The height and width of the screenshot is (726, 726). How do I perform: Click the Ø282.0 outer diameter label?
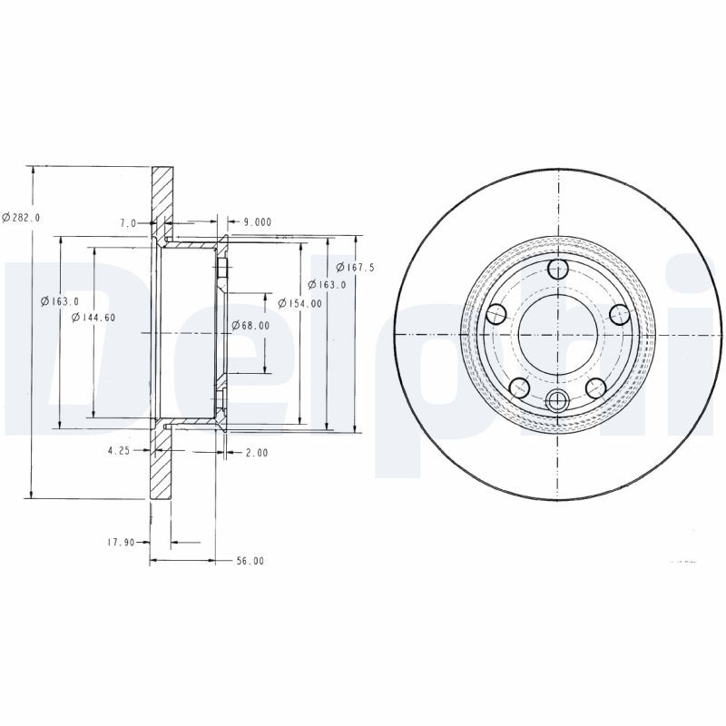pos(21,217)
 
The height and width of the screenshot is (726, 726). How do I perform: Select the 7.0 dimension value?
pos(128,222)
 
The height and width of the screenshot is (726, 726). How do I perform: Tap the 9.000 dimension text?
pos(257,221)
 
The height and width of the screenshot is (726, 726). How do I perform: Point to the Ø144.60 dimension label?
pos(93,317)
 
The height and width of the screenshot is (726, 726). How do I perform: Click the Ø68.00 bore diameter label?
pos(250,325)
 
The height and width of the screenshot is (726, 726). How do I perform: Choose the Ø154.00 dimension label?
pos(299,303)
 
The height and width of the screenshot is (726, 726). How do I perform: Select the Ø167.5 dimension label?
pos(355,267)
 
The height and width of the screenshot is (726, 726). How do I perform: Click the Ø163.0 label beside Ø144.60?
pos(60,301)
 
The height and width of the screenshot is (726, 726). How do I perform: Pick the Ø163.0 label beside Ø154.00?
pos(327,284)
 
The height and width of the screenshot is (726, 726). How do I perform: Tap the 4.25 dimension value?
pos(119,450)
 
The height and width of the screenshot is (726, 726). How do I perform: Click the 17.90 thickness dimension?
pos(121,543)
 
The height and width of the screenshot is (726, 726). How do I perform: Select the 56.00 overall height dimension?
pos(250,561)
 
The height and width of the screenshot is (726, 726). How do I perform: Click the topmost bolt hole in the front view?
pos(557,269)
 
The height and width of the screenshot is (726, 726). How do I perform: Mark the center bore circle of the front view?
pos(557,332)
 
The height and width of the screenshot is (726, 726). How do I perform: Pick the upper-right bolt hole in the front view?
pos(619,314)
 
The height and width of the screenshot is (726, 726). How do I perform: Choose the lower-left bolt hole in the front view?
pos(519,388)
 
